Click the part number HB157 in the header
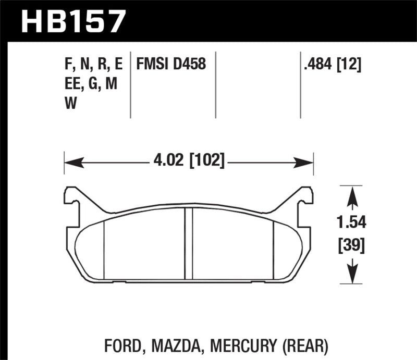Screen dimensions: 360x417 (73, 21)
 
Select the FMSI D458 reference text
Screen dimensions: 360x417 (171, 64)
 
